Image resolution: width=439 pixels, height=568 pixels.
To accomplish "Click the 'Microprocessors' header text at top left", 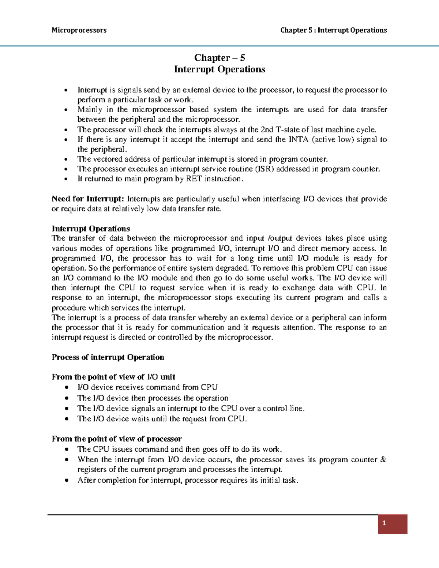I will click(x=79, y=30).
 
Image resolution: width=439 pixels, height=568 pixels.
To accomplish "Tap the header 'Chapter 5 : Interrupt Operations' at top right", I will click(x=333, y=30).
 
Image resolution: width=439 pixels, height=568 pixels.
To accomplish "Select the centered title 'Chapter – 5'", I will click(x=219, y=58).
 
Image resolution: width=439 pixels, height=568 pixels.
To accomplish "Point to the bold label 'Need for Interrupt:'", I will click(x=88, y=199).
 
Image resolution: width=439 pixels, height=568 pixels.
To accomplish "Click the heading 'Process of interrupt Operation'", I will click(x=108, y=357).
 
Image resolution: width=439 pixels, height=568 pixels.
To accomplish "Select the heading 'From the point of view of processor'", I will click(x=117, y=439).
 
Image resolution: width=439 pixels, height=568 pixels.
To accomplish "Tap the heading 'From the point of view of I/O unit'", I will click(x=113, y=377).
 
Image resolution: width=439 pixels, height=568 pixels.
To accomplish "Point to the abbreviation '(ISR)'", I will click(x=264, y=169).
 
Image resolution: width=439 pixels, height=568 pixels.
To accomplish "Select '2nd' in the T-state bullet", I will click(x=269, y=130).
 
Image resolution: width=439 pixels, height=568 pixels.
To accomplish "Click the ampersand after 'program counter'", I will click(x=383, y=460).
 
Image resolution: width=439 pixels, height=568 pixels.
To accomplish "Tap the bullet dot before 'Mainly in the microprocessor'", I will click(x=65, y=110).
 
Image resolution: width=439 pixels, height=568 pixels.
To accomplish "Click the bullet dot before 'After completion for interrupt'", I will click(x=65, y=481).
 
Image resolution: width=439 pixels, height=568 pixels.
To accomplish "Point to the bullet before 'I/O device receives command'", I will click(x=65, y=388).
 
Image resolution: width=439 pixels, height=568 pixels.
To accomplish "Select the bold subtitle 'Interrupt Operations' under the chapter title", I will click(x=219, y=69).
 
